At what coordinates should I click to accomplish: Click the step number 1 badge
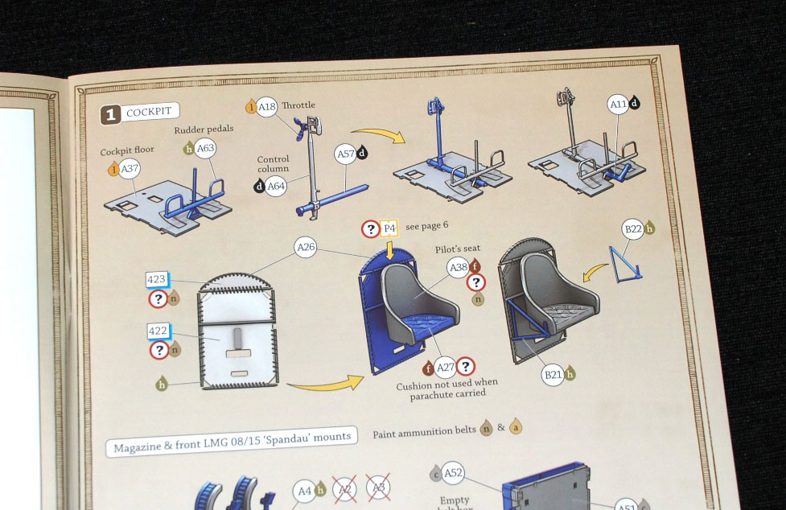tap(110, 115)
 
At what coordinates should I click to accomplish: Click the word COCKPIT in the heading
tap(149, 112)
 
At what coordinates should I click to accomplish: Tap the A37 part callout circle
tap(130, 169)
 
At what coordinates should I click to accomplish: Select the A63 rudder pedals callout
tap(205, 148)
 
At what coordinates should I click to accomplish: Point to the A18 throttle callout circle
tap(266, 107)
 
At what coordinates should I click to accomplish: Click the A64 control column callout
tap(276, 187)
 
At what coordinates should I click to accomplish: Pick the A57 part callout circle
tap(345, 154)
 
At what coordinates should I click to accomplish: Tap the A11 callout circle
tap(618, 105)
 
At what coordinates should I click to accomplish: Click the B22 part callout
tap(632, 229)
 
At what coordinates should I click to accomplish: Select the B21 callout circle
tap(553, 374)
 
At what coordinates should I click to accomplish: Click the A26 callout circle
tap(305, 247)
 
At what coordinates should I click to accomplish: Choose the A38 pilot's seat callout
tap(459, 268)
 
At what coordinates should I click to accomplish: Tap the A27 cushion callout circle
tap(445, 368)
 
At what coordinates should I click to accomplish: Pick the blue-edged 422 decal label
tap(158, 331)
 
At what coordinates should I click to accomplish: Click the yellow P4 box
tap(389, 228)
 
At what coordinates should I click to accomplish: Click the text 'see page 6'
tap(426, 226)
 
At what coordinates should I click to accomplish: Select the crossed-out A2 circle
tap(345, 489)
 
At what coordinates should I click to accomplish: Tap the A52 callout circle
tap(453, 473)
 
